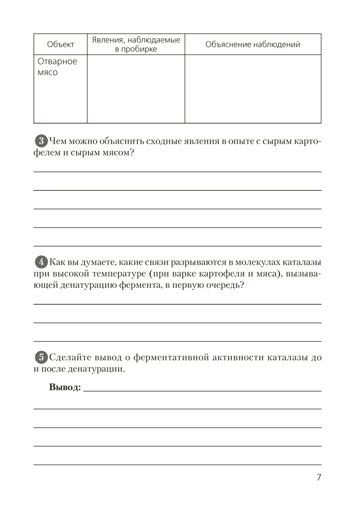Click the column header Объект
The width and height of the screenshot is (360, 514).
pyautogui.click(x=60, y=44)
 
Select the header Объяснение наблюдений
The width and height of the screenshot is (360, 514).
pyautogui.click(x=253, y=44)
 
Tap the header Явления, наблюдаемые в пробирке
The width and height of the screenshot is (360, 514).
pyautogui.click(x=136, y=44)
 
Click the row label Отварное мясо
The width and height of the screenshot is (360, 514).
pyautogui.click(x=57, y=67)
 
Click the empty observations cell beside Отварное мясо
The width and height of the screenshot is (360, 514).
pyautogui.click(x=136, y=88)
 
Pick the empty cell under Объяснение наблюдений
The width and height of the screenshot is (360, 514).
pyautogui.click(x=253, y=88)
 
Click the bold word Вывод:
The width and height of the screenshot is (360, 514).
pyautogui.click(x=65, y=387)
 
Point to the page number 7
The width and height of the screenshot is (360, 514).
pyautogui.click(x=319, y=478)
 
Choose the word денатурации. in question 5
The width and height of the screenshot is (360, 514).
pyautogui.click(x=98, y=370)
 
